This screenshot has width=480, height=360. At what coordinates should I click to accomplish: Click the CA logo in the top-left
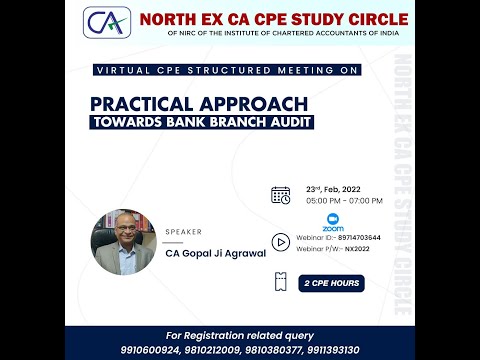107,23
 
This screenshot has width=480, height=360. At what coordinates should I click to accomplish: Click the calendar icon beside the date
281,195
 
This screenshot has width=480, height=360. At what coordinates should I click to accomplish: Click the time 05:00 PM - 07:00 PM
336,201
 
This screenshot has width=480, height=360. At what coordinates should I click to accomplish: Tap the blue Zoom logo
333,222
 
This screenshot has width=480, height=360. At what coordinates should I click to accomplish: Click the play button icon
281,241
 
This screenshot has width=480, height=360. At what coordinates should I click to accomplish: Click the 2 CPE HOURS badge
330,283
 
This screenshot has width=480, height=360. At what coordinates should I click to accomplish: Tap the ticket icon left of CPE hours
281,283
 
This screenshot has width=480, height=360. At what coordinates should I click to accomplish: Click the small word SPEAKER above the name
182,231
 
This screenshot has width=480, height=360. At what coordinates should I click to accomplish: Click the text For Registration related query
240,333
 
